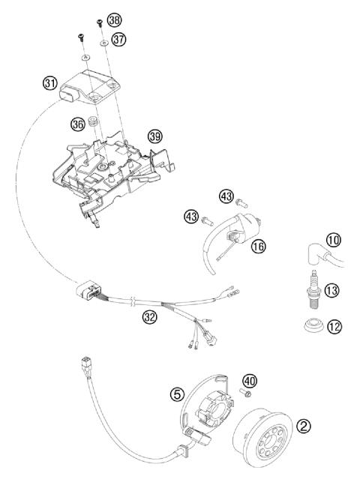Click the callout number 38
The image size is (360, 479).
click(113, 19)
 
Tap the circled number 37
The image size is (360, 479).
click(118, 39)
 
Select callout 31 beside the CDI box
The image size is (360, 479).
click(51, 84)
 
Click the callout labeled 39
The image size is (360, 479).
click(154, 136)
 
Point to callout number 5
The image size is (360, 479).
click(177, 393)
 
